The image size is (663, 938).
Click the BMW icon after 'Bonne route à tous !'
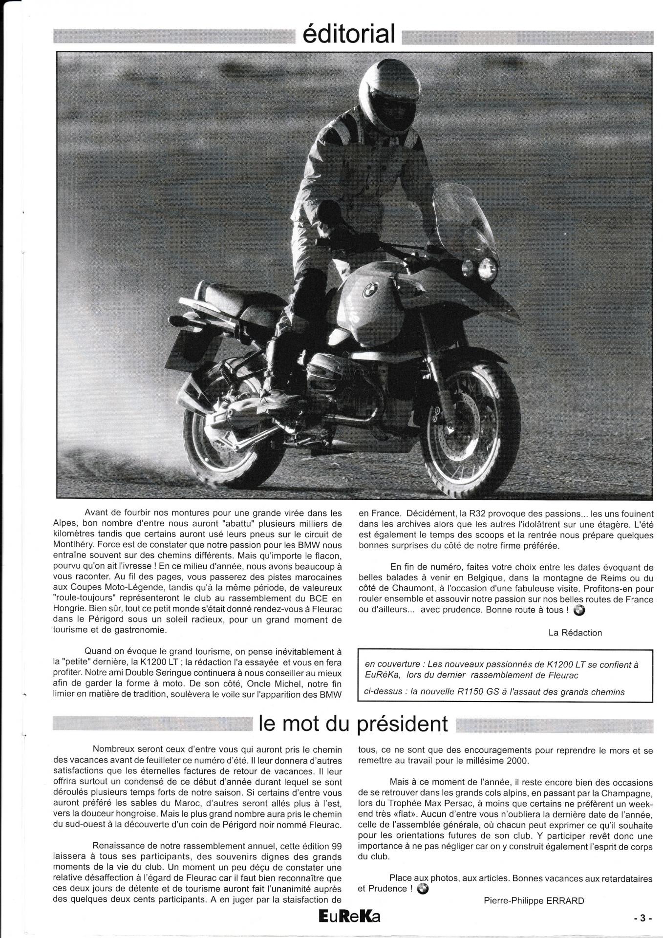point(578,610)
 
